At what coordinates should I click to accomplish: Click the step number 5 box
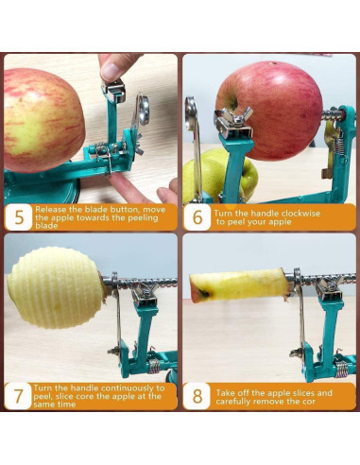18,215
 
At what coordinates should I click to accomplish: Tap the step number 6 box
197,215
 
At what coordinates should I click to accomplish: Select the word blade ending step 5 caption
46,226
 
